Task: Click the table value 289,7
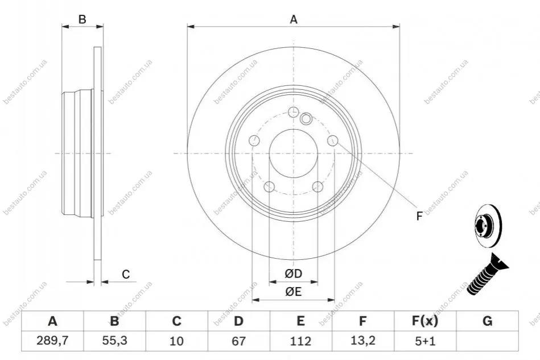[52, 341]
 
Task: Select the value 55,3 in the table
[115, 341]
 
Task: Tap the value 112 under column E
[300, 341]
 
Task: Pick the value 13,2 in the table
[362, 341]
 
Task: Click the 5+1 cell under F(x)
[425, 341]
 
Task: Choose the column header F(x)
[425, 321]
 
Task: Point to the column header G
[487, 321]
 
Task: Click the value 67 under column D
[238, 341]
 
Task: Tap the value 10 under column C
[176, 341]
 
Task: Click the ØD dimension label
[293, 274]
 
